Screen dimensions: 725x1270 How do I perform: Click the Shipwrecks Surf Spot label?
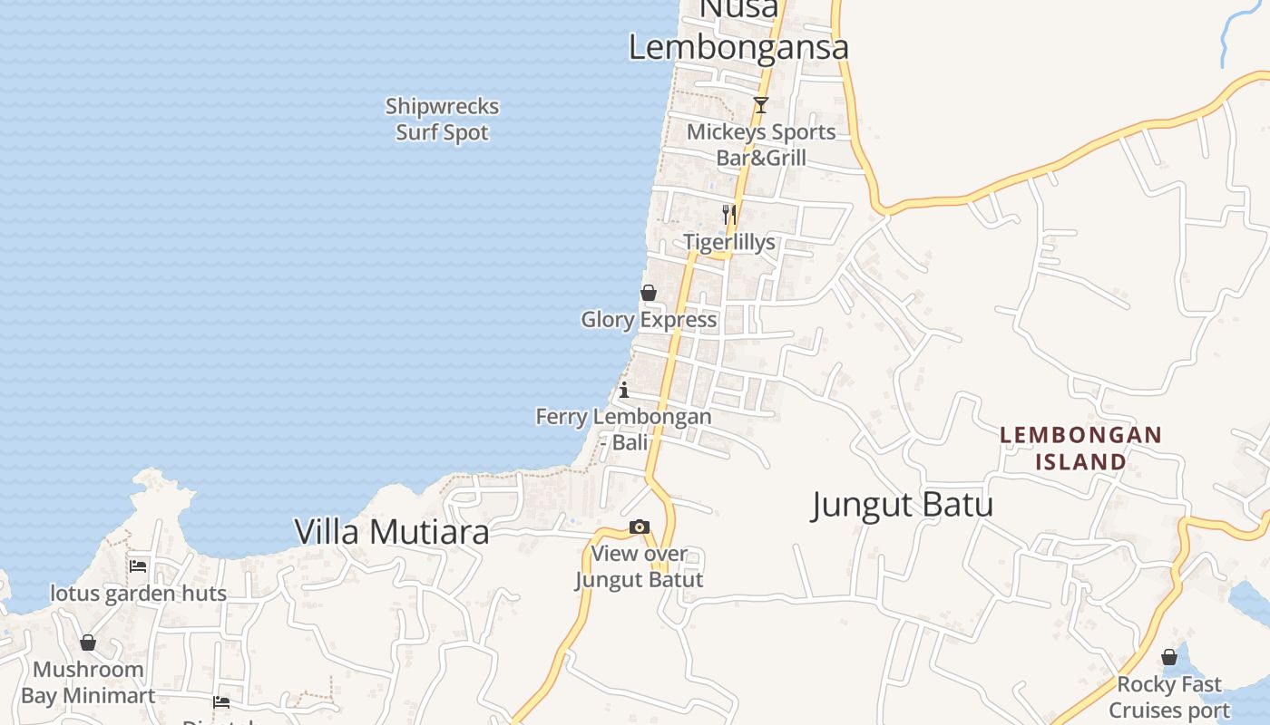click(442, 120)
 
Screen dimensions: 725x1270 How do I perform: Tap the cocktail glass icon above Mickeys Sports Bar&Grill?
click(761, 106)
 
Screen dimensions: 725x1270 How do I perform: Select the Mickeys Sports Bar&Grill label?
click(761, 145)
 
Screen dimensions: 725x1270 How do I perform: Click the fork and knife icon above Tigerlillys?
click(728, 214)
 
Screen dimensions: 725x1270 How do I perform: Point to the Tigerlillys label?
click(729, 242)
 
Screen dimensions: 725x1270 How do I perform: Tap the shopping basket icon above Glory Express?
click(649, 293)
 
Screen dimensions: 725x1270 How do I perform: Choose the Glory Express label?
click(649, 320)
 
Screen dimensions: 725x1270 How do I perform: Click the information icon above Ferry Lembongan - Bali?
click(624, 391)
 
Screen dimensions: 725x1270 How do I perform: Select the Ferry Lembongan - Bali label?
click(624, 430)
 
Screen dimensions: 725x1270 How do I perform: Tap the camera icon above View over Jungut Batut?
click(640, 527)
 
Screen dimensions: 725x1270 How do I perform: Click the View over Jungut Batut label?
click(640, 566)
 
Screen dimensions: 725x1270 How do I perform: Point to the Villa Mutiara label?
click(392, 532)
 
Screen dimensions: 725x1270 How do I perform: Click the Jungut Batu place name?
click(902, 505)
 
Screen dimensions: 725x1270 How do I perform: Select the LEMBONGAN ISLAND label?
click(1080, 449)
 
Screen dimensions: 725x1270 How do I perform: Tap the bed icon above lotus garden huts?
click(138, 566)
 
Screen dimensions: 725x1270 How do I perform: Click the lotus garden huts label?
click(138, 594)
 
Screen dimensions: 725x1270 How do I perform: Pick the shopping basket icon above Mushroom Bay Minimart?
click(88, 643)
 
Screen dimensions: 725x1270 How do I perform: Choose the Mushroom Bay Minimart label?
click(88, 682)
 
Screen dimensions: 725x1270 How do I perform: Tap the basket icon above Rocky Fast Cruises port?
click(1169, 657)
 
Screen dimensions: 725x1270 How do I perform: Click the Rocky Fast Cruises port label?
click(1169, 697)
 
